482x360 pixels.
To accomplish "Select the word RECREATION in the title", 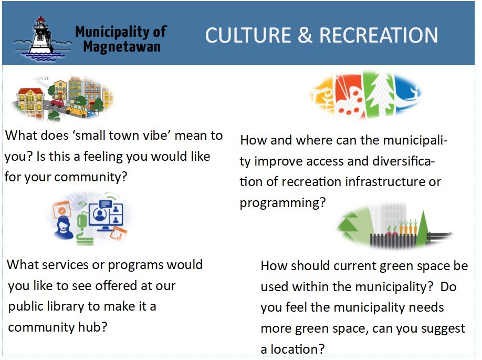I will click(379, 35).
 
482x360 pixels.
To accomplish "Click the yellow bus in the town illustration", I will click(77, 109).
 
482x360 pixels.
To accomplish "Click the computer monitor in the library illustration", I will click(106, 215).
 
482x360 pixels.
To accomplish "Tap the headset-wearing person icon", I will click(64, 227).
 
